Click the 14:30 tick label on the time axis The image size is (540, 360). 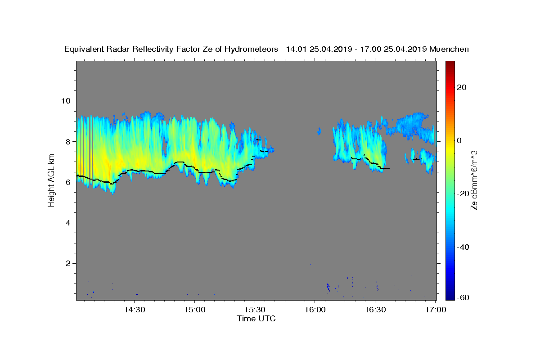pos(135,310)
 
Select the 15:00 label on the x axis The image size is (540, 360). pos(195,310)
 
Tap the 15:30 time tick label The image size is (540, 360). pos(255,310)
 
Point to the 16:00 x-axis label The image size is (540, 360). pos(315,310)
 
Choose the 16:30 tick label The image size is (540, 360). pos(375,310)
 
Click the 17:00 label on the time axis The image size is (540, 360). pos(436,310)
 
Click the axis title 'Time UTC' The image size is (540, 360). pos(256,319)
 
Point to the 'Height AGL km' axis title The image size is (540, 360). pos(52,180)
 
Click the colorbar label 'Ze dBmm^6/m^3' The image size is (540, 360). pos(474,180)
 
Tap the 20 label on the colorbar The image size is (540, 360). pos(461,87)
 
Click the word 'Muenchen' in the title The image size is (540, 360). pos(449,49)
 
